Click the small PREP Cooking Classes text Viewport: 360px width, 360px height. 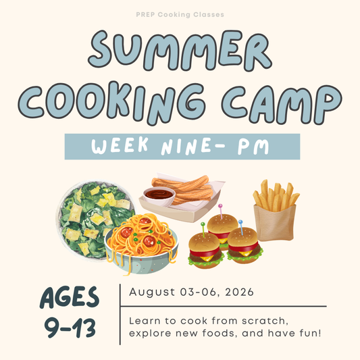pyautogui.click(x=180, y=14)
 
